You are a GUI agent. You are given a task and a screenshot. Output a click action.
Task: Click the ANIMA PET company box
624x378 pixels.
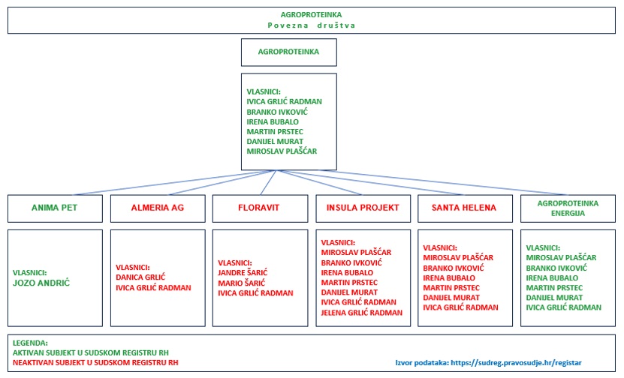click(54, 208)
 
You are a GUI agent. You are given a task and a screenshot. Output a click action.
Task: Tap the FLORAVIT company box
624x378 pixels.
click(260, 208)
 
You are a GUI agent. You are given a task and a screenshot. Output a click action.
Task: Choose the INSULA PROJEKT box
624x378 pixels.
click(362, 208)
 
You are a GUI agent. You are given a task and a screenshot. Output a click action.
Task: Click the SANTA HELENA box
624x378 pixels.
click(464, 208)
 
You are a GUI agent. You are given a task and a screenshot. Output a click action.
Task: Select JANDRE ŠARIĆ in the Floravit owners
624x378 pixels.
click(243, 272)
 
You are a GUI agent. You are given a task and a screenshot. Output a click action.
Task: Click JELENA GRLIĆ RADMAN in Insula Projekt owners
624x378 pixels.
click(362, 313)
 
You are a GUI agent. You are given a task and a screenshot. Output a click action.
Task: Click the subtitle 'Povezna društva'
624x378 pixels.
click(311, 25)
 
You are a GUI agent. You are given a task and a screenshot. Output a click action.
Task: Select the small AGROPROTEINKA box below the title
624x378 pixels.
click(288, 52)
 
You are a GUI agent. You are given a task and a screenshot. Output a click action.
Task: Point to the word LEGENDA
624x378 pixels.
click(32, 342)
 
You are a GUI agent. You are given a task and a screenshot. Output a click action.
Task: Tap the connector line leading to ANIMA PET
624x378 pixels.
click(165, 183)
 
